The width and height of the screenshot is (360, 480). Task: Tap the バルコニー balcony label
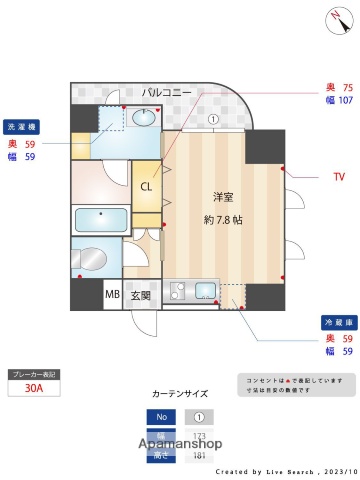coord(165,92)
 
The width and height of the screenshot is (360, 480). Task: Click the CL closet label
coord(146,185)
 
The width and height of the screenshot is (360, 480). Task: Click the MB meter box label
coord(112,296)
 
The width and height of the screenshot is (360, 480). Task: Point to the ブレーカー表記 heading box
coord(34,374)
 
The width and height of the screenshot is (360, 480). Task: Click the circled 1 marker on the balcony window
coord(213,120)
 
